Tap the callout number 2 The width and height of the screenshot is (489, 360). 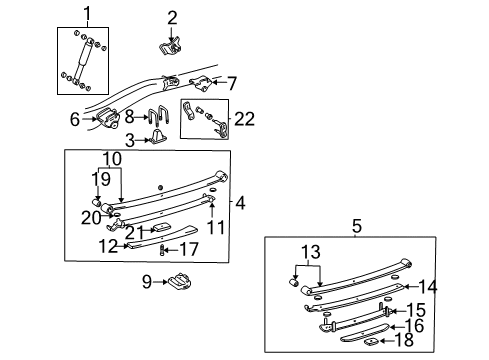pyautogui.click(x=171, y=16)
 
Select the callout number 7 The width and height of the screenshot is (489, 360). pyautogui.click(x=232, y=82)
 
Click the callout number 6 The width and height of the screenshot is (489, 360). pyautogui.click(x=74, y=120)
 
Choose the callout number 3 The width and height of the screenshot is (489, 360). pyautogui.click(x=129, y=140)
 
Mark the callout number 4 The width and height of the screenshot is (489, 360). pyautogui.click(x=240, y=204)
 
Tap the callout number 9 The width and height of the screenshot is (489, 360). pyautogui.click(x=148, y=281)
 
